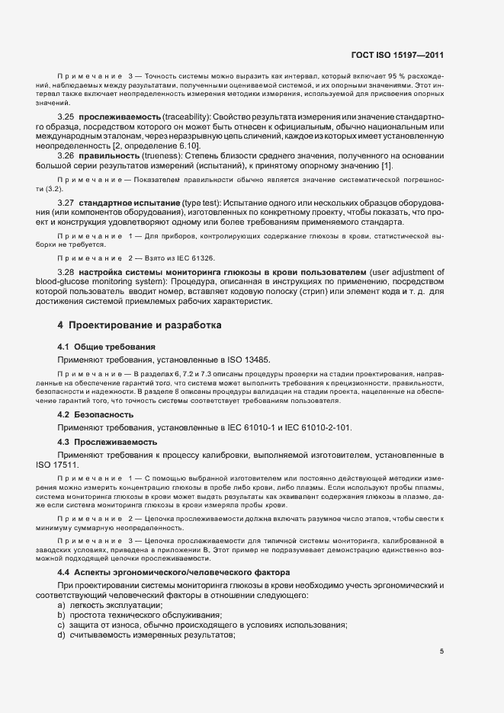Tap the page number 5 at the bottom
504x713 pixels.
point(441,651)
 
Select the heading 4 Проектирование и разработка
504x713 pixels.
point(140,325)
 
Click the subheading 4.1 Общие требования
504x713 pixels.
point(101,347)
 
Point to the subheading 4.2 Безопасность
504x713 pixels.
point(95,414)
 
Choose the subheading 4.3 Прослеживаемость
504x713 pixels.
point(108,442)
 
